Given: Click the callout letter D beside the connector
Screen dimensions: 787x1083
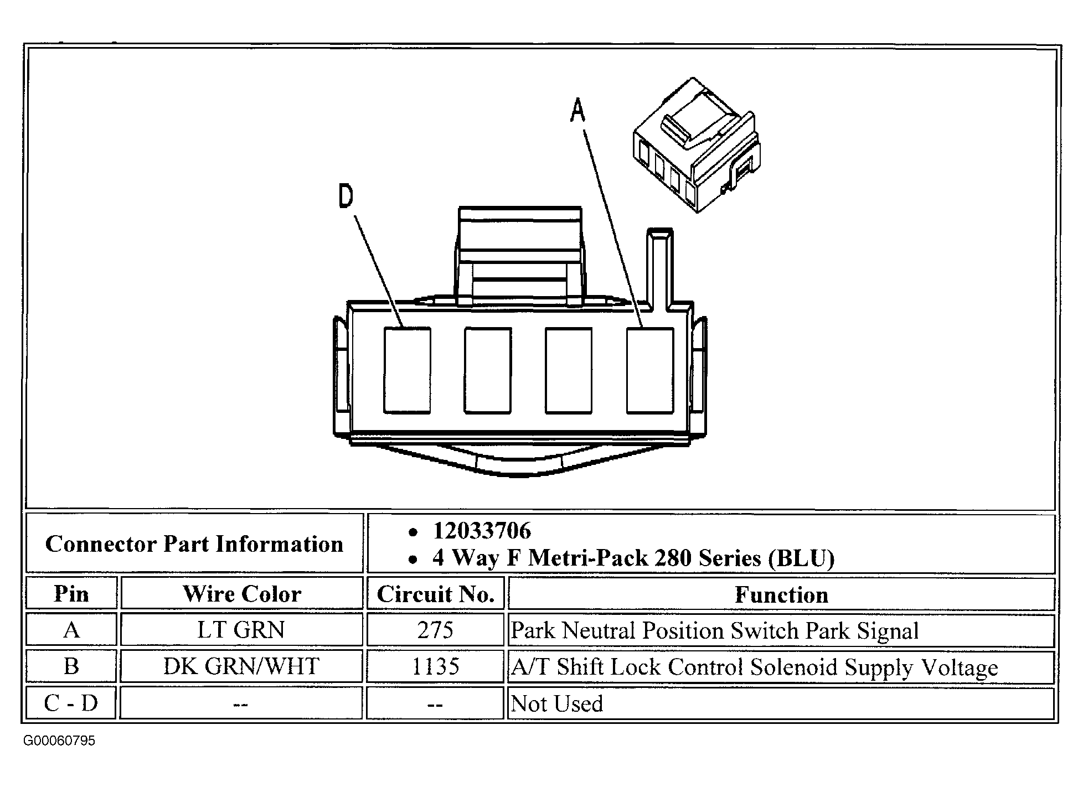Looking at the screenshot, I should tap(345, 196).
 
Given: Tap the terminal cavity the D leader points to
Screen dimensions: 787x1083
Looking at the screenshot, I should tap(407, 370).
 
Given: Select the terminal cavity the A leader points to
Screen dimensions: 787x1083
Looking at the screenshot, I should tap(650, 370).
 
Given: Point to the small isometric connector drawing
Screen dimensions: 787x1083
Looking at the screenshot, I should tap(695, 146).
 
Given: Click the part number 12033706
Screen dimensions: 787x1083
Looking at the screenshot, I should tap(482, 531).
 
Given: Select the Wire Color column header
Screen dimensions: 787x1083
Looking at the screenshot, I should tap(242, 594).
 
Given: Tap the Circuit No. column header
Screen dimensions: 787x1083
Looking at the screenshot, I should tap(435, 594).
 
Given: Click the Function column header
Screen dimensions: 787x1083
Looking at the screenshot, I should tap(781, 594).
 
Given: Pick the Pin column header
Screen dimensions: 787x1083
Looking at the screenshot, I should tap(71, 594).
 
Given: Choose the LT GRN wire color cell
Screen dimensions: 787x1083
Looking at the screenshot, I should tap(241, 630).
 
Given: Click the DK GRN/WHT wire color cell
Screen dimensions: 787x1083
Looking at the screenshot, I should tap(241, 666).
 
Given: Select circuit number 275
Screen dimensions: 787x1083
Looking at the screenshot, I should tap(435, 630).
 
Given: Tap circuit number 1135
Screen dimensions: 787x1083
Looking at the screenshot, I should tap(435, 666).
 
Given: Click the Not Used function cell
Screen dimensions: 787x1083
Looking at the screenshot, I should tap(556, 703).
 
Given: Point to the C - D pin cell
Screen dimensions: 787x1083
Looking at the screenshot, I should tap(71, 703).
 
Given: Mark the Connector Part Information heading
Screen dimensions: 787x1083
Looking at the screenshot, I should tap(194, 544).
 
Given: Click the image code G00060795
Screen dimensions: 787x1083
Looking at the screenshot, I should tap(59, 741).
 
